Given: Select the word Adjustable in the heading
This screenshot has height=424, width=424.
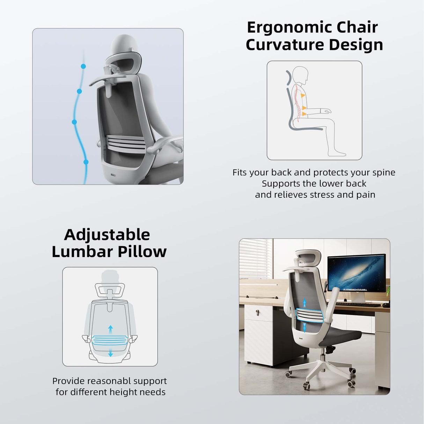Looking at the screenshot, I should coord(107,235).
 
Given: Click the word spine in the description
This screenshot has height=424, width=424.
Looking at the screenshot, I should coord(383,173).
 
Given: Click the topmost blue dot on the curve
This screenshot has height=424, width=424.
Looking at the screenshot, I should coord(83,66).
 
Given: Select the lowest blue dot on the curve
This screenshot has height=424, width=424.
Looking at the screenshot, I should coord(86,162).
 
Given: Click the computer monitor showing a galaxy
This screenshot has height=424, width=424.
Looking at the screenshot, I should coord(356,273).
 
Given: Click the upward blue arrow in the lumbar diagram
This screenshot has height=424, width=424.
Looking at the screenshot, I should coord(110,329).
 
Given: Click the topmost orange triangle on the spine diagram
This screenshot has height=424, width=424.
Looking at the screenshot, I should coord(303,95).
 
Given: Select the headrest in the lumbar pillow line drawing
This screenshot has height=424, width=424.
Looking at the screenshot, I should coord(110,290).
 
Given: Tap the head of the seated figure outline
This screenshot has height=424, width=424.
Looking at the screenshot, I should coord(301,75).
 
